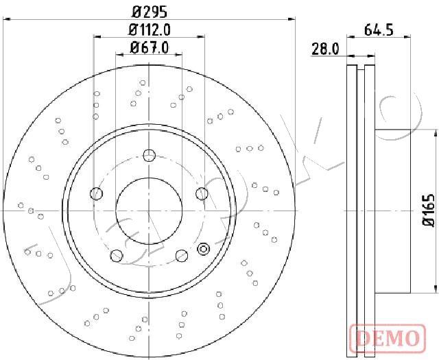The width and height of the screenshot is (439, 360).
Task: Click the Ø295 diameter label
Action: pyautogui.click(x=150, y=12)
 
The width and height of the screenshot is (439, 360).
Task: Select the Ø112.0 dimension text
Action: pyautogui.click(x=150, y=29)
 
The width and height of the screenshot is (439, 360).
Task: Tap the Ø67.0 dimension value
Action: pyautogui.click(x=150, y=47)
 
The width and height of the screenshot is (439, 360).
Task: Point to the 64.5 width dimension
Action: pyautogui.click(x=379, y=29)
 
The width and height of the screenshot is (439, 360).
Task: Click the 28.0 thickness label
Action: pyautogui.click(x=325, y=49)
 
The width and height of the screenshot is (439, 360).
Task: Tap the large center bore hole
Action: pyautogui.click(x=149, y=211)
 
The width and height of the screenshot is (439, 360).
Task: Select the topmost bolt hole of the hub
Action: pyautogui.click(x=150, y=155)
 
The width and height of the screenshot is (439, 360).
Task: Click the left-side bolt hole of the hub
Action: pyautogui.click(x=96, y=194)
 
